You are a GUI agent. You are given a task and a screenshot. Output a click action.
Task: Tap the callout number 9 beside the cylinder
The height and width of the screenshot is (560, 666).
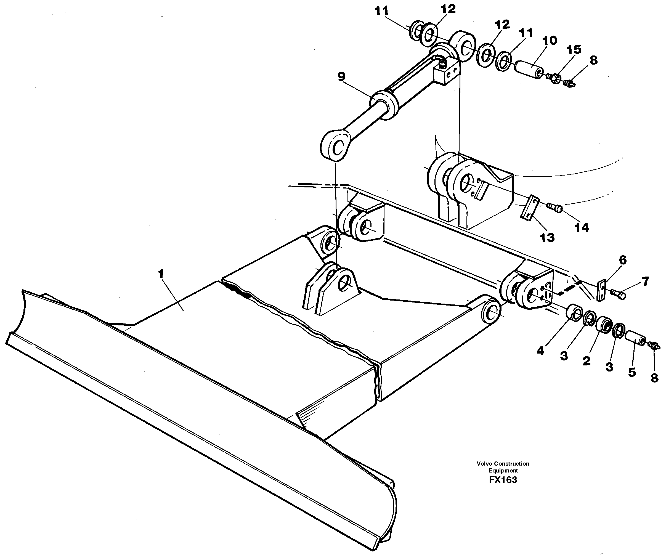[x=341, y=77]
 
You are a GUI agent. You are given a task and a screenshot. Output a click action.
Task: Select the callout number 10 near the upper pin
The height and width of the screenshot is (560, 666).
[x=550, y=41]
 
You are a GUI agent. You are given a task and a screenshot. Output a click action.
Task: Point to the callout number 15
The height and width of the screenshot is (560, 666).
[x=574, y=49]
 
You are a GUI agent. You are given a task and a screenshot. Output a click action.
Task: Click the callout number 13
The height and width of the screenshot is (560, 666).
[x=547, y=237]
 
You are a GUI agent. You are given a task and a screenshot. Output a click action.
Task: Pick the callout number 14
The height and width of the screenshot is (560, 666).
[x=582, y=227]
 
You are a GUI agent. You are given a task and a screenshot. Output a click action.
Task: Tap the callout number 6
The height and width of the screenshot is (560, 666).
[x=623, y=260]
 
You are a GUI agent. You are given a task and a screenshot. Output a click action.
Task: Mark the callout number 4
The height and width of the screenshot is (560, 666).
[x=541, y=351]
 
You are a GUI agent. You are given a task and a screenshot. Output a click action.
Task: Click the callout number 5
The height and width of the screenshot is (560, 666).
[x=632, y=372]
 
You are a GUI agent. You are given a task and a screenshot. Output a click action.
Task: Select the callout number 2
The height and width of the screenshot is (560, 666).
[x=586, y=361]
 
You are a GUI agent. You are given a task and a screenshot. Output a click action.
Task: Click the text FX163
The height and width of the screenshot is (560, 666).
[x=503, y=480]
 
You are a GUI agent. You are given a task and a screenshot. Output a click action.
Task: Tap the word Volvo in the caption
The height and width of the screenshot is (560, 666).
[x=485, y=463]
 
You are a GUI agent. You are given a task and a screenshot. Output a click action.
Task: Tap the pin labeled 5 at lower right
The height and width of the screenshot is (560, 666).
[x=635, y=339]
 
